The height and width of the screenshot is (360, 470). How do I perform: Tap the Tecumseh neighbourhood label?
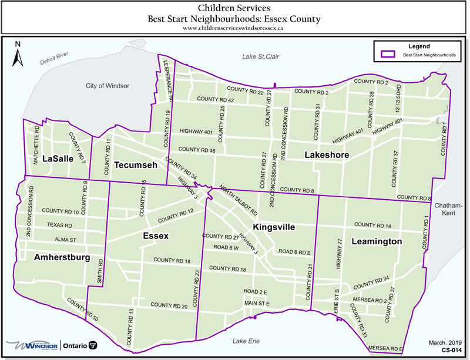pos(136,165)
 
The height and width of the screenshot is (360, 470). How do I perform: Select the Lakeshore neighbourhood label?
pos(327,155)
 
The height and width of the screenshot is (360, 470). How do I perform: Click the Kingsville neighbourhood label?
pos(273,227)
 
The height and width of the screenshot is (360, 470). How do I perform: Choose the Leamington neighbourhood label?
pos(377,241)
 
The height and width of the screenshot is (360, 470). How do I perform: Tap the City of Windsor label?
pos(108,86)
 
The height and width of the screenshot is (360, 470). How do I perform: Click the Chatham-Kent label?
pos(449,209)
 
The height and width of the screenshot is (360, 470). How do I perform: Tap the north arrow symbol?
pos(18,55)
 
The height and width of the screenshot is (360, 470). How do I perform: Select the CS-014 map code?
pos(451,350)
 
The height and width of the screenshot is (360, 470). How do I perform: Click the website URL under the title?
pos(234,28)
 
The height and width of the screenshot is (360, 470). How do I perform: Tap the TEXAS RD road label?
pos(60,226)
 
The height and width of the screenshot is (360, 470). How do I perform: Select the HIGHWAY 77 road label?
pos(339,253)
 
